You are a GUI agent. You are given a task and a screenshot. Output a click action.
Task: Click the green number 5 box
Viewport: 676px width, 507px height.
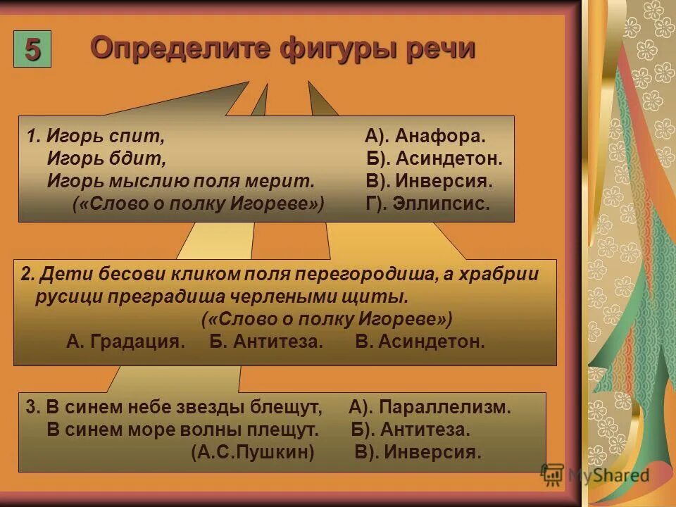32,50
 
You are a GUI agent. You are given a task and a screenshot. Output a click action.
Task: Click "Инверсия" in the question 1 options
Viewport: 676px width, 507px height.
444,181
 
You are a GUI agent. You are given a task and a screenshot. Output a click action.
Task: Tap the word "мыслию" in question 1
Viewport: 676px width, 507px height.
137,181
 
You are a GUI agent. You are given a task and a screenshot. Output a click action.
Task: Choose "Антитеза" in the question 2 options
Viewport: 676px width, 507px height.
275,342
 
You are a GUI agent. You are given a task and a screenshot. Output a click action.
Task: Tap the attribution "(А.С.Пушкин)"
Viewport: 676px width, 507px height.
253,452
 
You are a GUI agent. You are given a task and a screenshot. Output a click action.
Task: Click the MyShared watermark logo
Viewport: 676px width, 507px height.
596,475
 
